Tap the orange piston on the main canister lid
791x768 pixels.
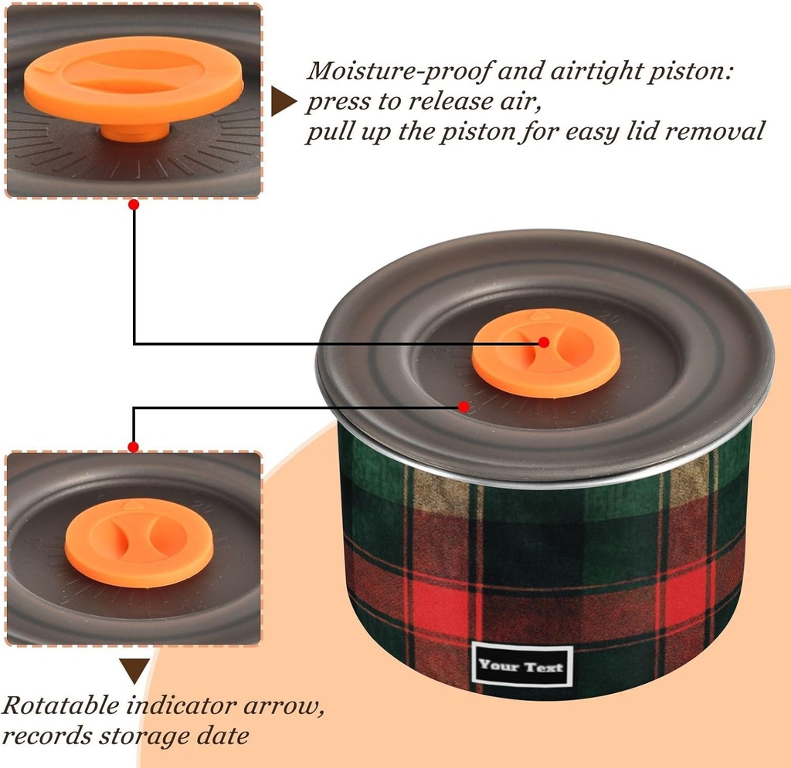[545, 354]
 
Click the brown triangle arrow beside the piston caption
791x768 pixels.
[283, 102]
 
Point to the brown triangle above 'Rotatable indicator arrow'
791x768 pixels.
[134, 670]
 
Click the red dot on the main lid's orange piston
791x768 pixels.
[544, 342]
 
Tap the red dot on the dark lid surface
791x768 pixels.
[463, 406]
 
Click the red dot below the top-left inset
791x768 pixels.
[134, 205]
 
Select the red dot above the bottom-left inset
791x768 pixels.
[133, 447]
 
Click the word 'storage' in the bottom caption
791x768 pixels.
[147, 736]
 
